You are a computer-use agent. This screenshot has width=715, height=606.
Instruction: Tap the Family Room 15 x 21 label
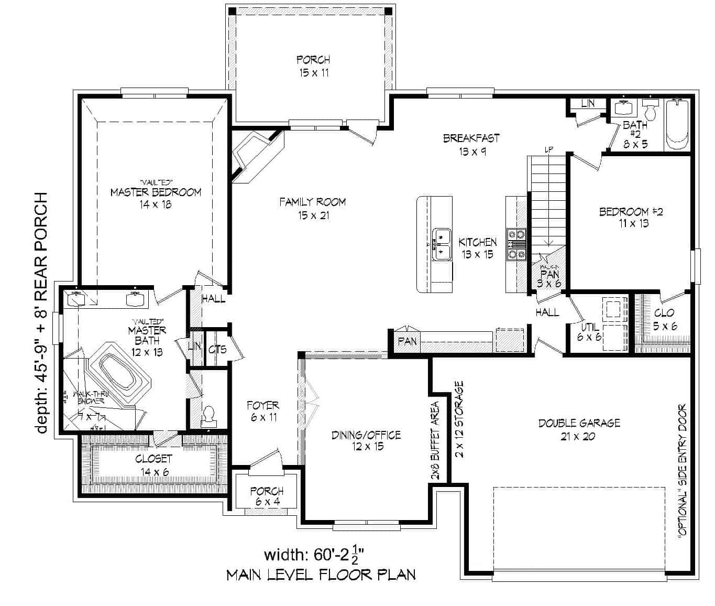click(x=312, y=208)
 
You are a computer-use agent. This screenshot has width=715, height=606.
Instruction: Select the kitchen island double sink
click(x=442, y=244)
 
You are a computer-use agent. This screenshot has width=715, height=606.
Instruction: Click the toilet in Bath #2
click(x=650, y=111)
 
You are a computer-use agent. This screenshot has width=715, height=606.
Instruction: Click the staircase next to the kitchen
click(x=548, y=199)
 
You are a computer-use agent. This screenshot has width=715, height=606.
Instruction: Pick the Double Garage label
click(x=579, y=429)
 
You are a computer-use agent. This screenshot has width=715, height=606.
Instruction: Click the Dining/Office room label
click(x=366, y=440)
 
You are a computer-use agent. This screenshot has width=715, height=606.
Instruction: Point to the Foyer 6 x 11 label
click(x=263, y=411)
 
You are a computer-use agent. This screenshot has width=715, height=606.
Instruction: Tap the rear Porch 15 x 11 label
click(x=313, y=66)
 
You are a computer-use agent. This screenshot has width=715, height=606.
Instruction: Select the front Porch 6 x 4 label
click(x=267, y=496)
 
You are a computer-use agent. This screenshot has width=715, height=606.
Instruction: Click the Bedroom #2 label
click(x=623, y=217)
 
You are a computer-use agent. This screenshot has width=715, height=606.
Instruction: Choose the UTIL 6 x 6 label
click(x=589, y=332)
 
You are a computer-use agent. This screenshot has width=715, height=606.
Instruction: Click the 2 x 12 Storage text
click(x=459, y=419)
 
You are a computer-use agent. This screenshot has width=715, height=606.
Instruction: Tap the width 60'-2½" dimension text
click(x=314, y=554)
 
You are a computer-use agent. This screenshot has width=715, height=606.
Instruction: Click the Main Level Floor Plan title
click(x=321, y=575)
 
